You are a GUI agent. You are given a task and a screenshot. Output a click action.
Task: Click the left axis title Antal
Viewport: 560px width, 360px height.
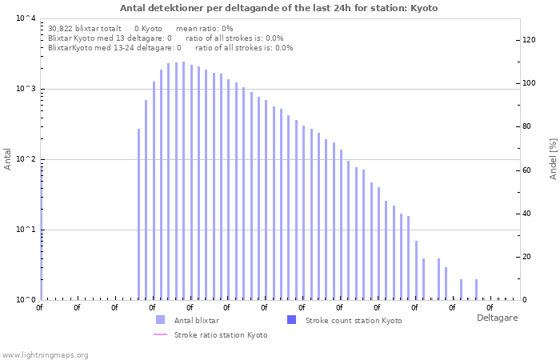[8, 158]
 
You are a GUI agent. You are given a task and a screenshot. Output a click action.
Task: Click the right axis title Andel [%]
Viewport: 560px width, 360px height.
[553, 158]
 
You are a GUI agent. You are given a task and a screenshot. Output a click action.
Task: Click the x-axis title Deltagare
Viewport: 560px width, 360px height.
[497, 318]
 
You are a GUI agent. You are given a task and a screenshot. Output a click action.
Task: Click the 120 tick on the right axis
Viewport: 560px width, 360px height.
[529, 40]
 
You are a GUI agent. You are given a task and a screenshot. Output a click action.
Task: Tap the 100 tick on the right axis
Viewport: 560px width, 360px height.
[529, 83]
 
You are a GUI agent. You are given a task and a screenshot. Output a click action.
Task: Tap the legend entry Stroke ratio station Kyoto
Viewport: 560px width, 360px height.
[221, 334]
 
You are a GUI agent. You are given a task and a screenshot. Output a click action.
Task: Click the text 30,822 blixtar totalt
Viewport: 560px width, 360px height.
[85, 28]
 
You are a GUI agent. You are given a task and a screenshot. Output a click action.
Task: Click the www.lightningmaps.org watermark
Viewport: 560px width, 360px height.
[46, 354]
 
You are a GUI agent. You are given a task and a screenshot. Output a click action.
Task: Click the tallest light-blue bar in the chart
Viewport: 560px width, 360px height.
[183, 181]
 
